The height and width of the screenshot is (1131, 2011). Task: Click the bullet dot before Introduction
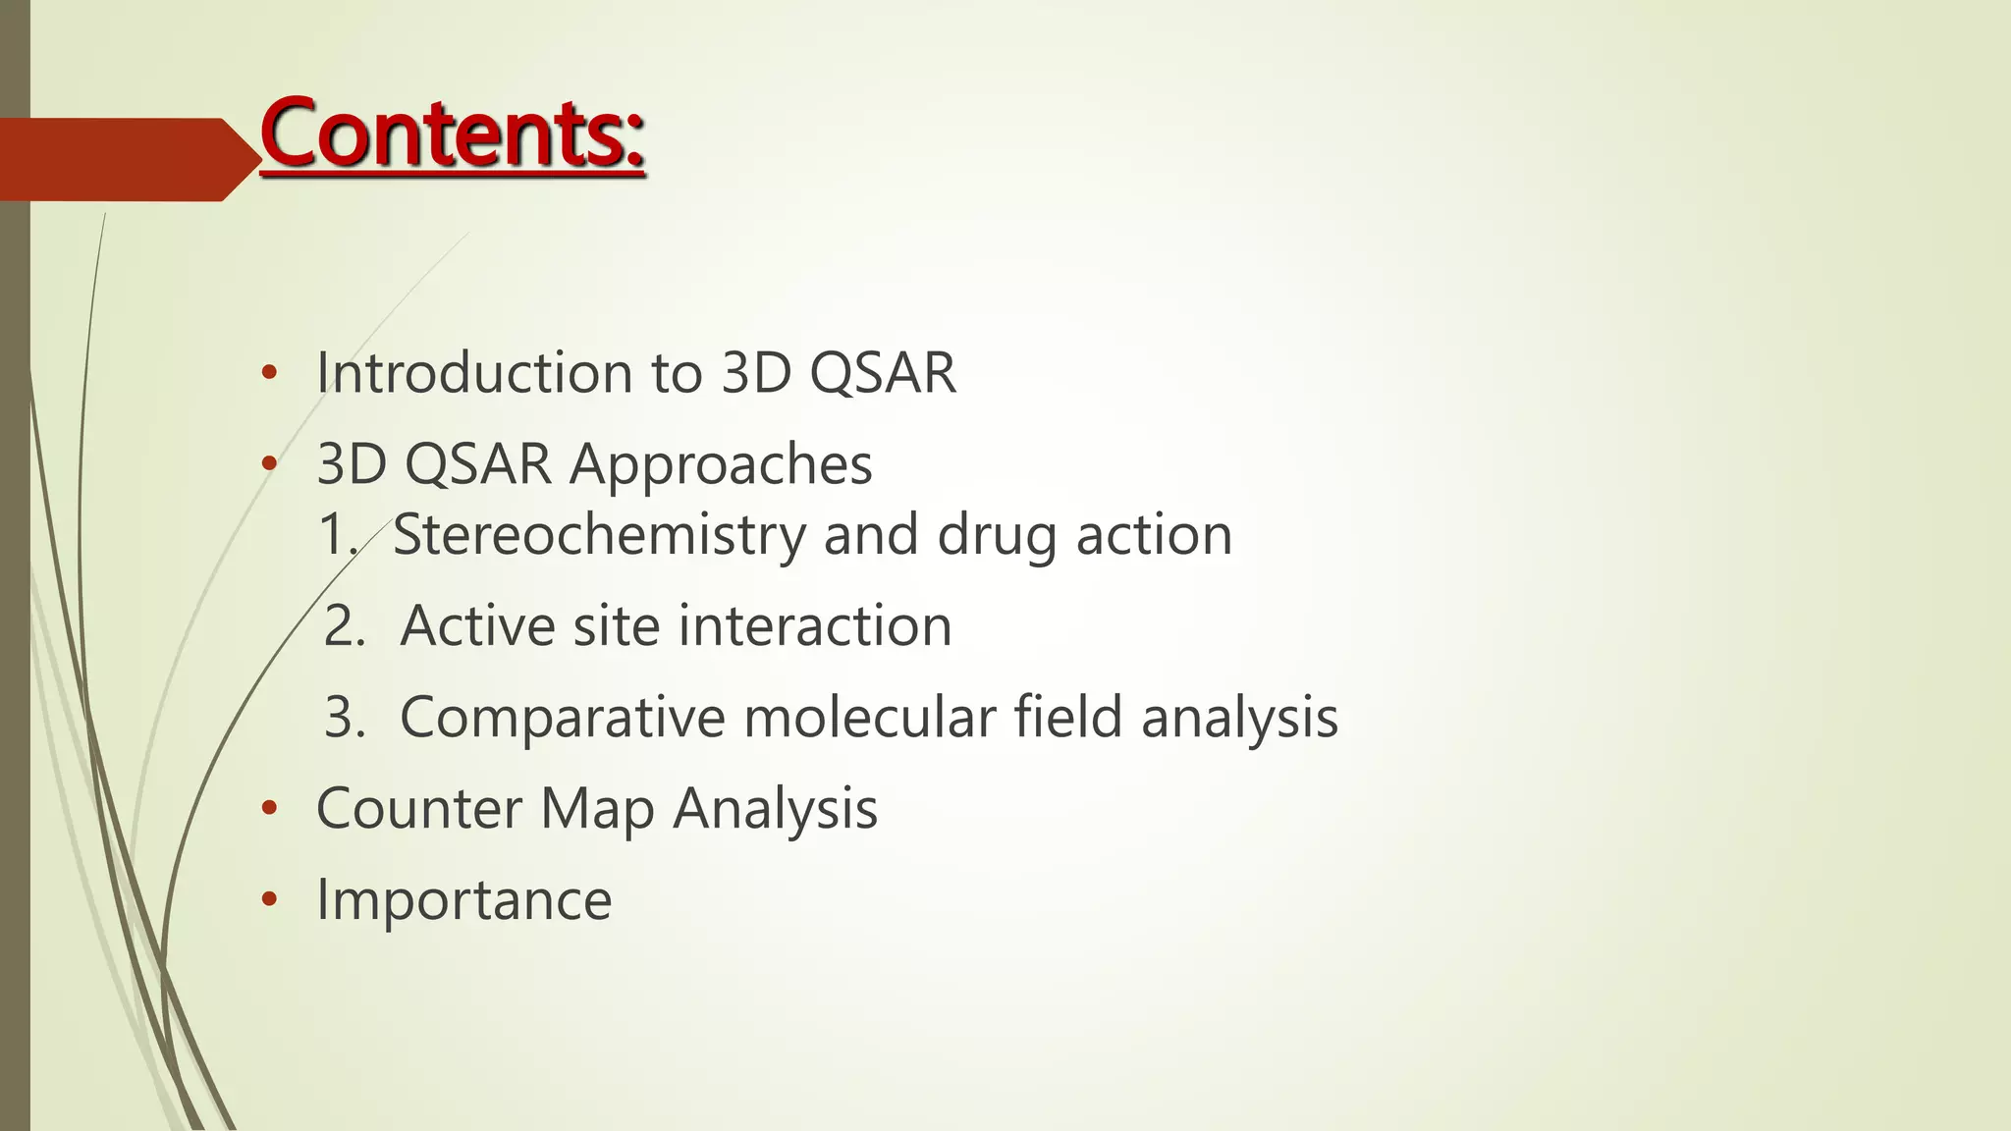pyautogui.click(x=269, y=373)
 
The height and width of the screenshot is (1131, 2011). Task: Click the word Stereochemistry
pyautogui.click(x=599, y=535)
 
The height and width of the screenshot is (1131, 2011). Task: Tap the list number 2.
pyautogui.click(x=344, y=626)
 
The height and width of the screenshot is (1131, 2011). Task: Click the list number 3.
pyautogui.click(x=344, y=717)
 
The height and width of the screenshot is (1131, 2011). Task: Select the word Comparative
pyautogui.click(x=562, y=718)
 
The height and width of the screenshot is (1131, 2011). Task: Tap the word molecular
pyautogui.click(x=870, y=717)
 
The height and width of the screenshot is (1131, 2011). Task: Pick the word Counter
pyautogui.click(x=418, y=809)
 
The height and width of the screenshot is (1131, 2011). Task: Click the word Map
pyautogui.click(x=597, y=811)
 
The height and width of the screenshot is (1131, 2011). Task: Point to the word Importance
pyautogui.click(x=463, y=900)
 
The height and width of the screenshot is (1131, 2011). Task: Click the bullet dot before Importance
pyautogui.click(x=269, y=900)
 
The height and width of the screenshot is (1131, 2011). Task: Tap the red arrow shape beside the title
pyautogui.click(x=128, y=159)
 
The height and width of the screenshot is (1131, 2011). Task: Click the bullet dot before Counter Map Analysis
pyautogui.click(x=269, y=809)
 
